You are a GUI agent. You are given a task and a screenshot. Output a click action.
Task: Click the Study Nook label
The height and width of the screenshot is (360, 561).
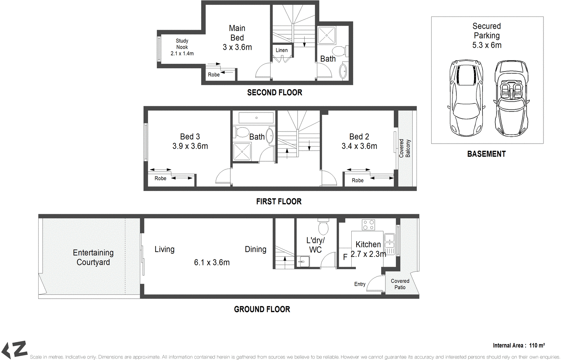[x=182, y=44]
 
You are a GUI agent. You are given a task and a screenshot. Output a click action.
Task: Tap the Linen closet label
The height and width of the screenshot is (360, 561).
[x=282, y=50]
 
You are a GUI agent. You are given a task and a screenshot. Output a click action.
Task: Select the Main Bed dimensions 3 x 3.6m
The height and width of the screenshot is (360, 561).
[x=237, y=47]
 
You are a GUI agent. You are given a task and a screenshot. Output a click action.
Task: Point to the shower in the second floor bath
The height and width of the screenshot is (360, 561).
[x=327, y=35]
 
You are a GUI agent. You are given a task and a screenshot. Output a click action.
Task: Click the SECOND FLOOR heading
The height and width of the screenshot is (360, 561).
[x=275, y=93]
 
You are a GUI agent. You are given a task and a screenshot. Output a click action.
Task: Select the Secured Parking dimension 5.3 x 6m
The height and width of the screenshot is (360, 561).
[x=487, y=45]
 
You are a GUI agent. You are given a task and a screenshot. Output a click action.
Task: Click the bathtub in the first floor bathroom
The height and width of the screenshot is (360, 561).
[x=256, y=118]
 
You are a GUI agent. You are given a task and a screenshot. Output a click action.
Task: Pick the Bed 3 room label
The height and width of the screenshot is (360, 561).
[x=190, y=137]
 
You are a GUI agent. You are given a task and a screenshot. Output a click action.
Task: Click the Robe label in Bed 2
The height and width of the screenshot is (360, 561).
[x=358, y=180]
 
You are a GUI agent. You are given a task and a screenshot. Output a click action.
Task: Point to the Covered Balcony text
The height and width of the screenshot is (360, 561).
[x=405, y=148]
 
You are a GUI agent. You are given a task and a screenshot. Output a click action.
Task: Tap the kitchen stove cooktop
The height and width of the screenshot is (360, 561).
[x=368, y=225]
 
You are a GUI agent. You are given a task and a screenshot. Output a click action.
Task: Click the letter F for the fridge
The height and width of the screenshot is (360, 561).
[x=345, y=257]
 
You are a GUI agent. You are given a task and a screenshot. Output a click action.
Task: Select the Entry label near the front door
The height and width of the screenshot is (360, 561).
[x=360, y=284]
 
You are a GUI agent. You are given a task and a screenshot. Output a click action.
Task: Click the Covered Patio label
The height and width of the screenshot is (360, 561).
[x=400, y=284]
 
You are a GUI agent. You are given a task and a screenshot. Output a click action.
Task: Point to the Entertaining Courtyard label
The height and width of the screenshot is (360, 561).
[x=93, y=257]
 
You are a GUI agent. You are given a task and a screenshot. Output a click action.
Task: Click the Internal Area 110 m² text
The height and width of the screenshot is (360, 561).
[x=519, y=345]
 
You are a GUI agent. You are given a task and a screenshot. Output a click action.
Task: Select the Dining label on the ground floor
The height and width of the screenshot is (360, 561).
[x=256, y=249]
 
